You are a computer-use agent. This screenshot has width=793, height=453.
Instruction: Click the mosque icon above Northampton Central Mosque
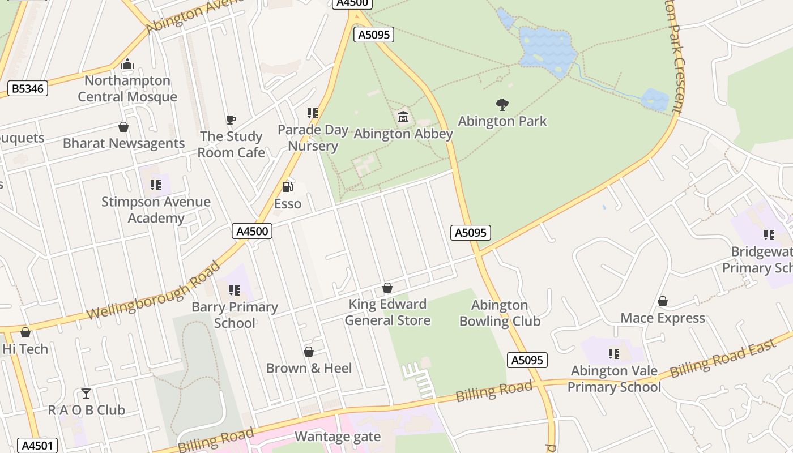coord(127,64)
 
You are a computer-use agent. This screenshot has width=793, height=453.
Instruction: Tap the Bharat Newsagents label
coord(123,143)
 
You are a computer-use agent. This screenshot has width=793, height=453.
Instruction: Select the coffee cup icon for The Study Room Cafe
coord(231,119)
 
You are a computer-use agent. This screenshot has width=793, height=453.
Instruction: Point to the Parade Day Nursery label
coord(313,138)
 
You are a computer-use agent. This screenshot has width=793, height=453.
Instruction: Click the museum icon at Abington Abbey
coord(403,117)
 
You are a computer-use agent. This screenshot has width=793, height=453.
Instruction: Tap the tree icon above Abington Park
coord(502,104)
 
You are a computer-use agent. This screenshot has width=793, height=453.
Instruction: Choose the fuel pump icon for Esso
coord(288,186)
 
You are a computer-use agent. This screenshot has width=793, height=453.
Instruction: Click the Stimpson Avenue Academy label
coord(156,210)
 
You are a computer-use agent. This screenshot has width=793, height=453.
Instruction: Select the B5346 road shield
coord(28,88)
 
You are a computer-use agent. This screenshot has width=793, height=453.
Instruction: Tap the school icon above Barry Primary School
coord(235,290)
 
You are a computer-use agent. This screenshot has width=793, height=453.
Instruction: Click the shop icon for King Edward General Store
coord(387,288)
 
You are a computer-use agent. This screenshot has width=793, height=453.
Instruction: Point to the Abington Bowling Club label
coord(500,313)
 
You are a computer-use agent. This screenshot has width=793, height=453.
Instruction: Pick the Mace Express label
coord(663,318)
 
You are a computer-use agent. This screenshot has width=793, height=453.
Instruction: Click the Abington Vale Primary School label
coord(614,379)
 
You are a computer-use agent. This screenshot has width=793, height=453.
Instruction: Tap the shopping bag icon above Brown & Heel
coord(309,352)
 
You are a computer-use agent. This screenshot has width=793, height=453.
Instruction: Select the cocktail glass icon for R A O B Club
coord(86,393)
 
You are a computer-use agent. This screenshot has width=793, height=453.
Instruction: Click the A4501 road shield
coord(38,445)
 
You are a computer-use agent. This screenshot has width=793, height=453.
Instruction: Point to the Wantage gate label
coord(338,437)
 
